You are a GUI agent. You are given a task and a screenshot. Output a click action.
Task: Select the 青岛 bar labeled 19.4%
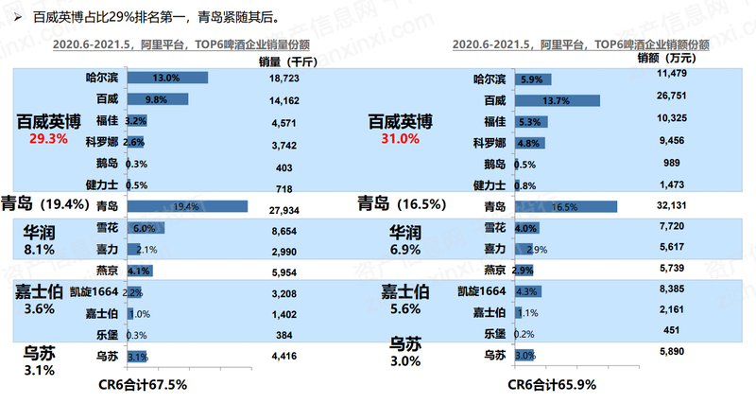185,205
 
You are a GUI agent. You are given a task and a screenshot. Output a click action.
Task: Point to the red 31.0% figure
399,138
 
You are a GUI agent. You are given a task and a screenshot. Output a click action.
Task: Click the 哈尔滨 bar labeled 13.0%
164,78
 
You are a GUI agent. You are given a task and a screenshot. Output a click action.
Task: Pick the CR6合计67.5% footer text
143,385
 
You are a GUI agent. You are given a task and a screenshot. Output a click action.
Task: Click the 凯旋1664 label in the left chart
93,291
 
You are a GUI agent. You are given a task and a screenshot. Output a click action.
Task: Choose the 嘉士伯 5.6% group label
406,300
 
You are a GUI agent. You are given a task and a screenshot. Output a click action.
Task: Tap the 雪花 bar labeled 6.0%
144,228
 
